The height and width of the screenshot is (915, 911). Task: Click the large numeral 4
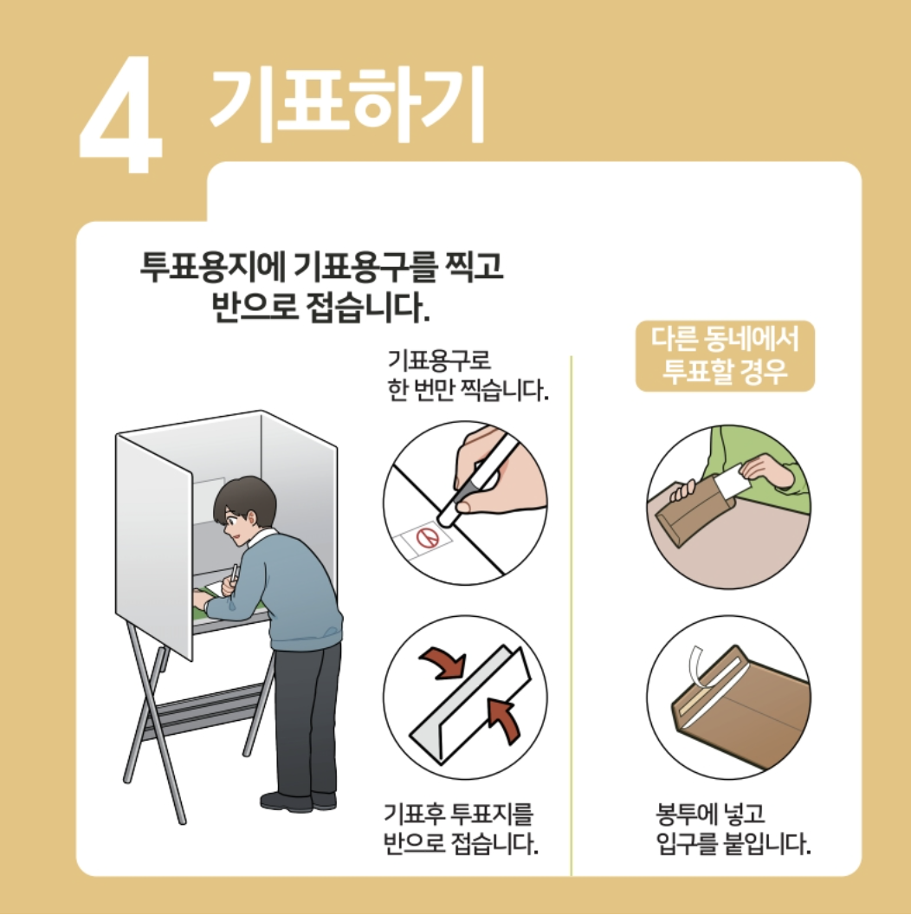click(121, 114)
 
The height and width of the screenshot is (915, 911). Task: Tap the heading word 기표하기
click(347, 103)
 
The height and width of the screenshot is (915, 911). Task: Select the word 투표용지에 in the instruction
click(213, 266)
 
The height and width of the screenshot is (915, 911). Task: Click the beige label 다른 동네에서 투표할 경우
click(724, 355)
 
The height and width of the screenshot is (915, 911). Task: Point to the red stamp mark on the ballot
click(429, 537)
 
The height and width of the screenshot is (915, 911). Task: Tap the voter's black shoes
click(298, 801)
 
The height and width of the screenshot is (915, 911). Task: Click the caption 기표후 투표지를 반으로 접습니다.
click(461, 828)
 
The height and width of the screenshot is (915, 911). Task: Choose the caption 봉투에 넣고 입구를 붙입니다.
click(733, 828)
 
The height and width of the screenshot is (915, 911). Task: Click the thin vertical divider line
click(571, 616)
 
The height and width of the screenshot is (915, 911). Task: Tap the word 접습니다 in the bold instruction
click(367, 307)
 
